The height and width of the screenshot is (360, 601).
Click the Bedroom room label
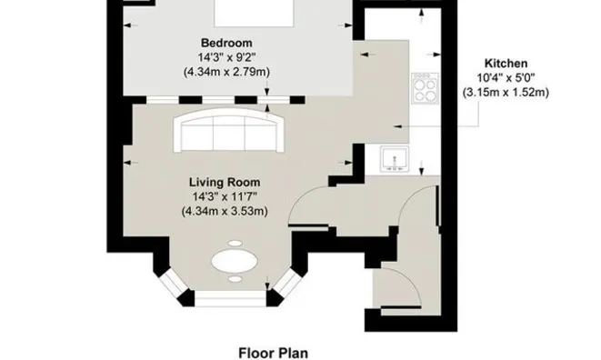coord(226,43)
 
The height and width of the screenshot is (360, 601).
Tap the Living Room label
coord(225,182)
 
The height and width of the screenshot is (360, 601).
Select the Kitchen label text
coord(506,64)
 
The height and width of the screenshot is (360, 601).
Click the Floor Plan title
coord(274,353)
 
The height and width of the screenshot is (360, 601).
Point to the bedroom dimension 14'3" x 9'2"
coord(226,57)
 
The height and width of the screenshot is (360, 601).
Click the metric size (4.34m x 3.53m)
coord(225,211)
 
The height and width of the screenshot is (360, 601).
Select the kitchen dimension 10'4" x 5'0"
coord(506,78)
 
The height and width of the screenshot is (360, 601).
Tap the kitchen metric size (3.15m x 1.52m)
coord(506,93)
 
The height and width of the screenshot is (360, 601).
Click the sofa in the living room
coord(229,130)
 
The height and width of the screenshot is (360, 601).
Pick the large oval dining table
coord(235,262)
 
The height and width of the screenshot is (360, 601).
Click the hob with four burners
coord(426,88)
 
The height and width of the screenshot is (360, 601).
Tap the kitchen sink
coord(395,159)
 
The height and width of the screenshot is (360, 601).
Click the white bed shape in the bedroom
coord(254,14)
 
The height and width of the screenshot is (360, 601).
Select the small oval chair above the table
coord(235,243)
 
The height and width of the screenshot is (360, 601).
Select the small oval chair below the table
coord(235,279)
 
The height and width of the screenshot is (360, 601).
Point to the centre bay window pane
coord(230,298)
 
